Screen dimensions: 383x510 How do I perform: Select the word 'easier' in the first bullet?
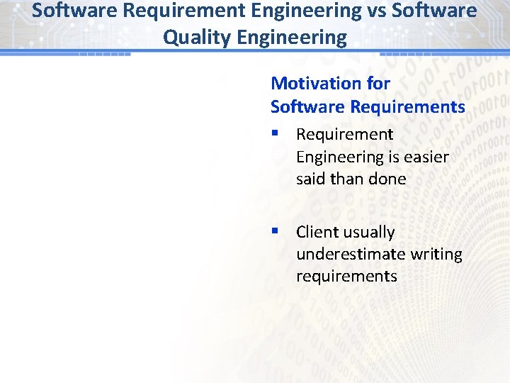(x=426, y=157)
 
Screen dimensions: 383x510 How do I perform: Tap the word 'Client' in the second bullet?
(x=316, y=233)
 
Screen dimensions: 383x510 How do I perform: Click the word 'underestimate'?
(x=344, y=254)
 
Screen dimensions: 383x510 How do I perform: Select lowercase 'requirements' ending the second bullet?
(x=346, y=277)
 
